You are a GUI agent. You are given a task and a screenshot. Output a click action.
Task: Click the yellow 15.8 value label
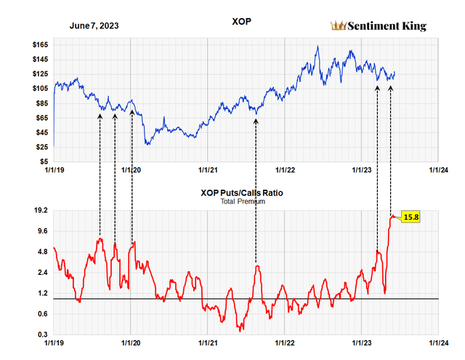(412, 217)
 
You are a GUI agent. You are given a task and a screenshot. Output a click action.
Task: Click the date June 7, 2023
(94, 25)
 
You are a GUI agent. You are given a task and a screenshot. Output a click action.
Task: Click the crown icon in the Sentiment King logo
(337, 26)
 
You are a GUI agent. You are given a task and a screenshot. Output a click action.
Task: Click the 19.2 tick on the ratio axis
(39, 210)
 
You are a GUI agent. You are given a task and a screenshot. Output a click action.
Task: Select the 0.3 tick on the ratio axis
(42, 335)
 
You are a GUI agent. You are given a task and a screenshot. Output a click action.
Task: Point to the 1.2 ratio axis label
(42, 293)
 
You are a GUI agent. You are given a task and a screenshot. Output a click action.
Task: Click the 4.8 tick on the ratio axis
(42, 252)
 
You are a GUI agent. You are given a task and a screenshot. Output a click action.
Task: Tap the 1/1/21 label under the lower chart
(208, 342)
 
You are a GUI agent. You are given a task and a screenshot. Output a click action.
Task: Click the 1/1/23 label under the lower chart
(361, 342)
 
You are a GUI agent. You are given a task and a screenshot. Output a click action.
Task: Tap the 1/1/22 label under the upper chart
(284, 170)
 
